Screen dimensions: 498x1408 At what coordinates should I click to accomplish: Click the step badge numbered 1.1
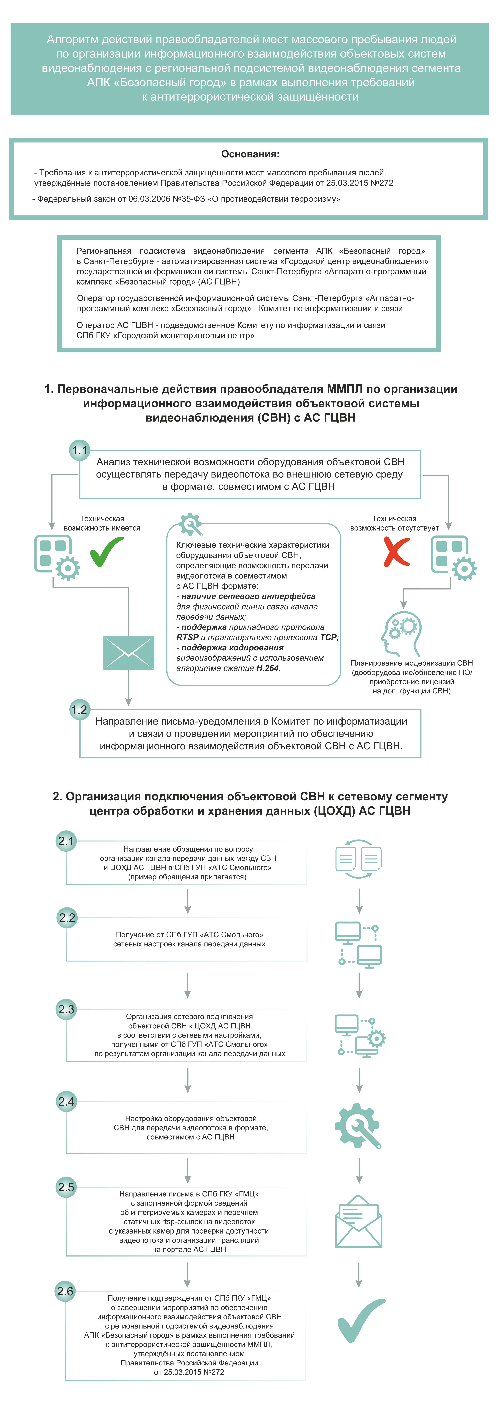pyautogui.click(x=80, y=450)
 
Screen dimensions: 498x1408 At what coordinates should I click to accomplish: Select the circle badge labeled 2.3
pyautogui.click(x=66, y=1009)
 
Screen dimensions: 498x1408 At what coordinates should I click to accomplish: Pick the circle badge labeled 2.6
pyautogui.click(x=65, y=1291)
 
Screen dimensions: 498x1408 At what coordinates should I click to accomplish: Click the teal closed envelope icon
pyautogui.click(x=128, y=653)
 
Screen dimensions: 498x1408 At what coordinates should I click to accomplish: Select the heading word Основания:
pyautogui.click(x=250, y=154)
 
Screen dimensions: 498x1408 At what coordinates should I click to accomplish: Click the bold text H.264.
pyautogui.click(x=268, y=668)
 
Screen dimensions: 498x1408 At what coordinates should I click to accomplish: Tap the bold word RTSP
pyautogui.click(x=187, y=637)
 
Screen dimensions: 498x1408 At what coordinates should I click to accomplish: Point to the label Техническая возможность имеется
pyautogui.click(x=102, y=523)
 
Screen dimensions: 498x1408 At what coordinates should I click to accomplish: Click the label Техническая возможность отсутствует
pyautogui.click(x=394, y=523)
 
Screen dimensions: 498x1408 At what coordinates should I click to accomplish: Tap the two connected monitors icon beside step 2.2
pyautogui.click(x=359, y=944)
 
